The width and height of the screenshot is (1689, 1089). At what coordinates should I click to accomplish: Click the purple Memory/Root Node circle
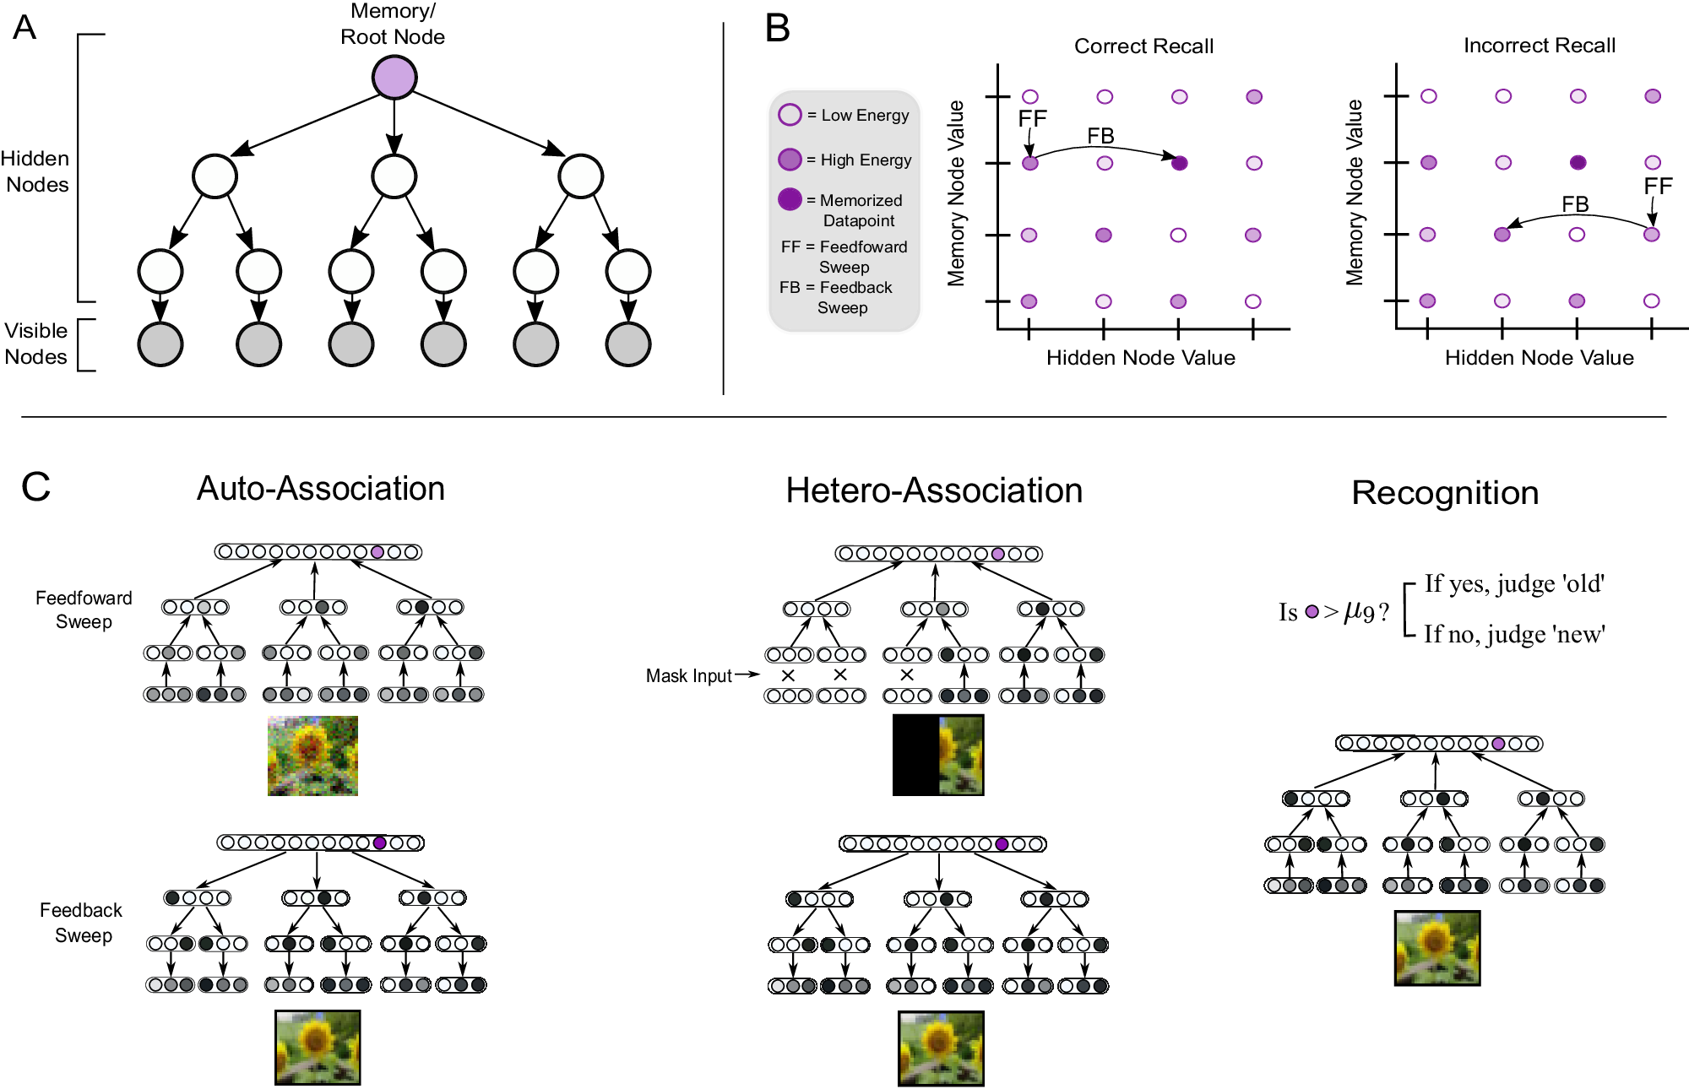coord(394,78)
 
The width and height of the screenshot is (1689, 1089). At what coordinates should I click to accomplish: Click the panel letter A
coord(25,27)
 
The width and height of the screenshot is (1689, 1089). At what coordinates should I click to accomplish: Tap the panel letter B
coord(777,28)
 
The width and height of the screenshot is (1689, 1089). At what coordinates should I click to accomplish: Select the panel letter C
coord(35,487)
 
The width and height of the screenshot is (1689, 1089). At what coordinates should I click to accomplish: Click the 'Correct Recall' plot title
coord(1143,46)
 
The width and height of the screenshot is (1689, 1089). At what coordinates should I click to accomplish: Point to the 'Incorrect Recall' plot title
coord(1540,46)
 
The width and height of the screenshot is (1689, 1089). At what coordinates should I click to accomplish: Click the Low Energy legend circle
coord(790,115)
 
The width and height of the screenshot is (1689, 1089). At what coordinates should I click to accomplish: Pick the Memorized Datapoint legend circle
coord(790,199)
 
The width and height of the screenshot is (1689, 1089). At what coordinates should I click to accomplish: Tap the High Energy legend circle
coord(790,159)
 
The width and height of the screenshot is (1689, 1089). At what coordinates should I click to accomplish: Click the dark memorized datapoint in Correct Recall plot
coord(1180,163)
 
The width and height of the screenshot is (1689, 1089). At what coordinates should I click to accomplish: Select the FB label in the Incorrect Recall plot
coord(1575,204)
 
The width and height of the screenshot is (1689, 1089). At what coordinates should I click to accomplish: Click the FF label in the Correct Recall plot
coord(1032,119)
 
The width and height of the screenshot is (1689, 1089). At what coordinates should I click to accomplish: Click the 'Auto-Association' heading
coord(321,489)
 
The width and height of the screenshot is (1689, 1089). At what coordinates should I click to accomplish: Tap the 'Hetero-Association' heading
coord(934,490)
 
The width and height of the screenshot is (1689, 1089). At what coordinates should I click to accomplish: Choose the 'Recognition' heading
coord(1445,493)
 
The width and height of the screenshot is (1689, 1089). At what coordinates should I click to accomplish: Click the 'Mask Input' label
coord(688,675)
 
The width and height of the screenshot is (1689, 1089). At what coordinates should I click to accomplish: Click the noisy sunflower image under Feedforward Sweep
coord(312,756)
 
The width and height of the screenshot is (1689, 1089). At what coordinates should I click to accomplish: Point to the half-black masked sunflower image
coord(938,755)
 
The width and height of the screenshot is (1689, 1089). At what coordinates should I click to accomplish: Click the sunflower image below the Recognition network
coord(1437,948)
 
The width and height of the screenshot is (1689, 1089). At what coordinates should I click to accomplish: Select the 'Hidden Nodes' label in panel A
coord(35,171)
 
